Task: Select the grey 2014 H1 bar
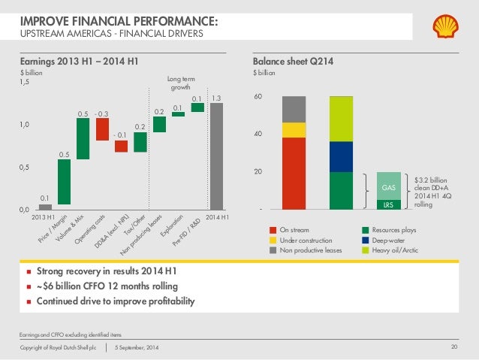[x=217, y=156]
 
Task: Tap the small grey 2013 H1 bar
[x=45, y=207]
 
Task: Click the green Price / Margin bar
[x=65, y=181]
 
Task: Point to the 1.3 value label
[x=216, y=98]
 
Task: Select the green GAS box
[x=389, y=186]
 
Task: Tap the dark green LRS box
[x=389, y=204]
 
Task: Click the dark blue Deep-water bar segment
[x=341, y=156]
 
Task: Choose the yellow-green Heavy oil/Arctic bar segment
[x=341, y=119]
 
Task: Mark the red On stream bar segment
[x=294, y=173]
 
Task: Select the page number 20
[x=453, y=346]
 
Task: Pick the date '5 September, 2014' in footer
[x=143, y=346]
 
